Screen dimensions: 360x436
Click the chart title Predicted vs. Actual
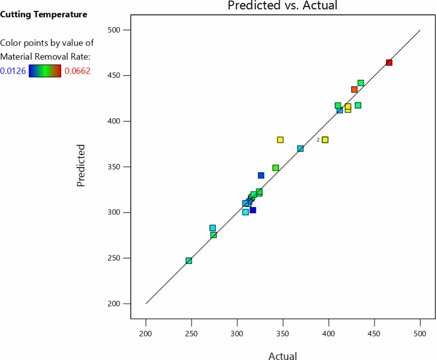coord(282,5)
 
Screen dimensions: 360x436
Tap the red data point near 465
coord(389,62)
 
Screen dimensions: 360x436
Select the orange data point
coord(354,89)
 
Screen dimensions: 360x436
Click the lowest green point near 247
coord(189,261)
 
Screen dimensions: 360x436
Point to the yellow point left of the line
coord(280,140)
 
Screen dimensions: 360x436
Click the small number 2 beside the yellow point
coord(318,140)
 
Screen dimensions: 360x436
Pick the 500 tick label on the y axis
coord(114,30)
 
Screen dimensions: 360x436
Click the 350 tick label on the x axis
coord(283,334)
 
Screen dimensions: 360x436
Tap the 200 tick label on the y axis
coord(114,304)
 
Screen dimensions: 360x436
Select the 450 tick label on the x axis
coord(374,334)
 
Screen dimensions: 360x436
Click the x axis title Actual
coord(283,356)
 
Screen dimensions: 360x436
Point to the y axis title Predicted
coord(81,165)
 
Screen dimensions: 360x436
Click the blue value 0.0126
coord(13,71)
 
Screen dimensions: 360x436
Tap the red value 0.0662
coord(77,71)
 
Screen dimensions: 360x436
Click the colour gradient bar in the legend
coord(45,71)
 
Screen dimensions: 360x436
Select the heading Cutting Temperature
coord(44,15)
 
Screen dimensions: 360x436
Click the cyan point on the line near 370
coord(300,149)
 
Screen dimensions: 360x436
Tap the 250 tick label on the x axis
coord(191,334)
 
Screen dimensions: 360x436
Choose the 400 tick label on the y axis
coord(114,121)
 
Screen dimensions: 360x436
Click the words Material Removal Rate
coord(45,56)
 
